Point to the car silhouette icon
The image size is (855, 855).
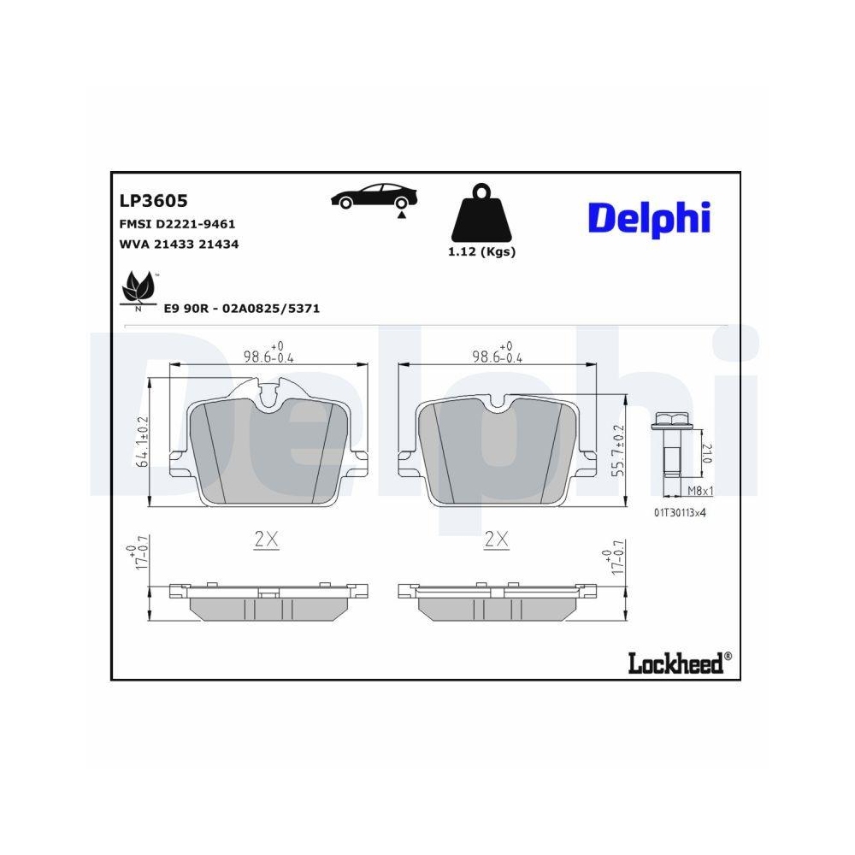point(374,198)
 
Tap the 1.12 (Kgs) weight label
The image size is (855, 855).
point(482,251)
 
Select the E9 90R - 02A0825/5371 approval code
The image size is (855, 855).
point(241,308)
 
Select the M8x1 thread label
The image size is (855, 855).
point(700,491)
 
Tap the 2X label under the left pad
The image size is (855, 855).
point(267,540)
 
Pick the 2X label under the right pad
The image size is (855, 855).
point(496,540)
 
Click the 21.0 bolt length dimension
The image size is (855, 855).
point(705,453)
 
